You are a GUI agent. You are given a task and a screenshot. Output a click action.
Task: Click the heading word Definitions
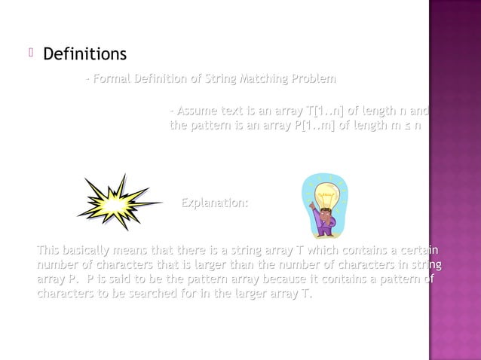point(84,55)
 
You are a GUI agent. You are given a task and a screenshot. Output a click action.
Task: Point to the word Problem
point(314,79)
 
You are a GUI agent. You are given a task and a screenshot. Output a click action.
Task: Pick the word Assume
point(195,111)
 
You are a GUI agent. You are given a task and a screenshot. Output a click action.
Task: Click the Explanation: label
point(215,203)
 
